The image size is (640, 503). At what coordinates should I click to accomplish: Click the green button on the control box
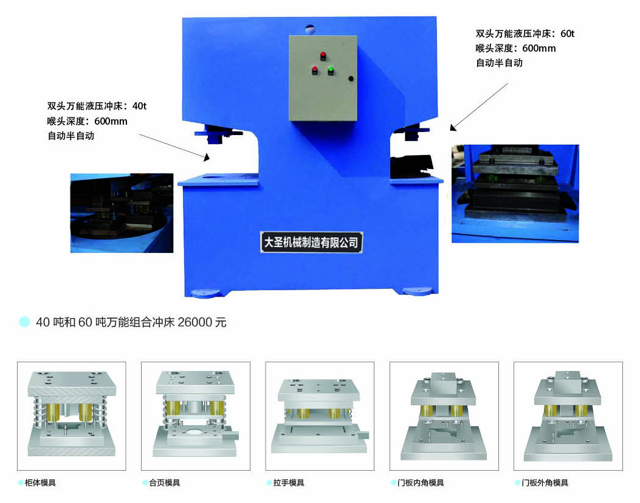point(331,70)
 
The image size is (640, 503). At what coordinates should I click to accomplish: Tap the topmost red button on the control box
point(323,55)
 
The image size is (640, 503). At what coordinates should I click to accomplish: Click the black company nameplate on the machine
point(311,242)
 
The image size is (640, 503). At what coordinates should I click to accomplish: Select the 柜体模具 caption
point(40,482)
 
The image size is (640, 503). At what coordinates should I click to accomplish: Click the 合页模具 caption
point(164,482)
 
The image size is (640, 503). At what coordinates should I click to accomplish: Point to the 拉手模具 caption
point(289,482)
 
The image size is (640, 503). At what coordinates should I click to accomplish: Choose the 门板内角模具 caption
point(421,482)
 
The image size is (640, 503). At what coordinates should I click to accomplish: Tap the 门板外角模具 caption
point(545,482)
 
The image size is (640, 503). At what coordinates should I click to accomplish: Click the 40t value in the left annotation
point(139,106)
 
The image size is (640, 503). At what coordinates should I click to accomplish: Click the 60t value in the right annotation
point(567,33)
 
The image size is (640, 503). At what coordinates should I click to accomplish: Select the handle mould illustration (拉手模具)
point(320,415)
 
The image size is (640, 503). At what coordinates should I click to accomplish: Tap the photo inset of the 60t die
point(515,193)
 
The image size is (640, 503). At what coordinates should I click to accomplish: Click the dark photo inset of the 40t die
point(122,213)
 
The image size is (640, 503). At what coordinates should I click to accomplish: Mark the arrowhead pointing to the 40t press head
point(207,158)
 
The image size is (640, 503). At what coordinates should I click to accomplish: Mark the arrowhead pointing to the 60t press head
point(453,128)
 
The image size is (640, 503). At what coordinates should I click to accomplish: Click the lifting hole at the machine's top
point(310,29)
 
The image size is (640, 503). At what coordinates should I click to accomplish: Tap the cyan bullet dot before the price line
point(24,322)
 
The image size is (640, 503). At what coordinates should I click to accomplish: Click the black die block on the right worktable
point(411,166)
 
